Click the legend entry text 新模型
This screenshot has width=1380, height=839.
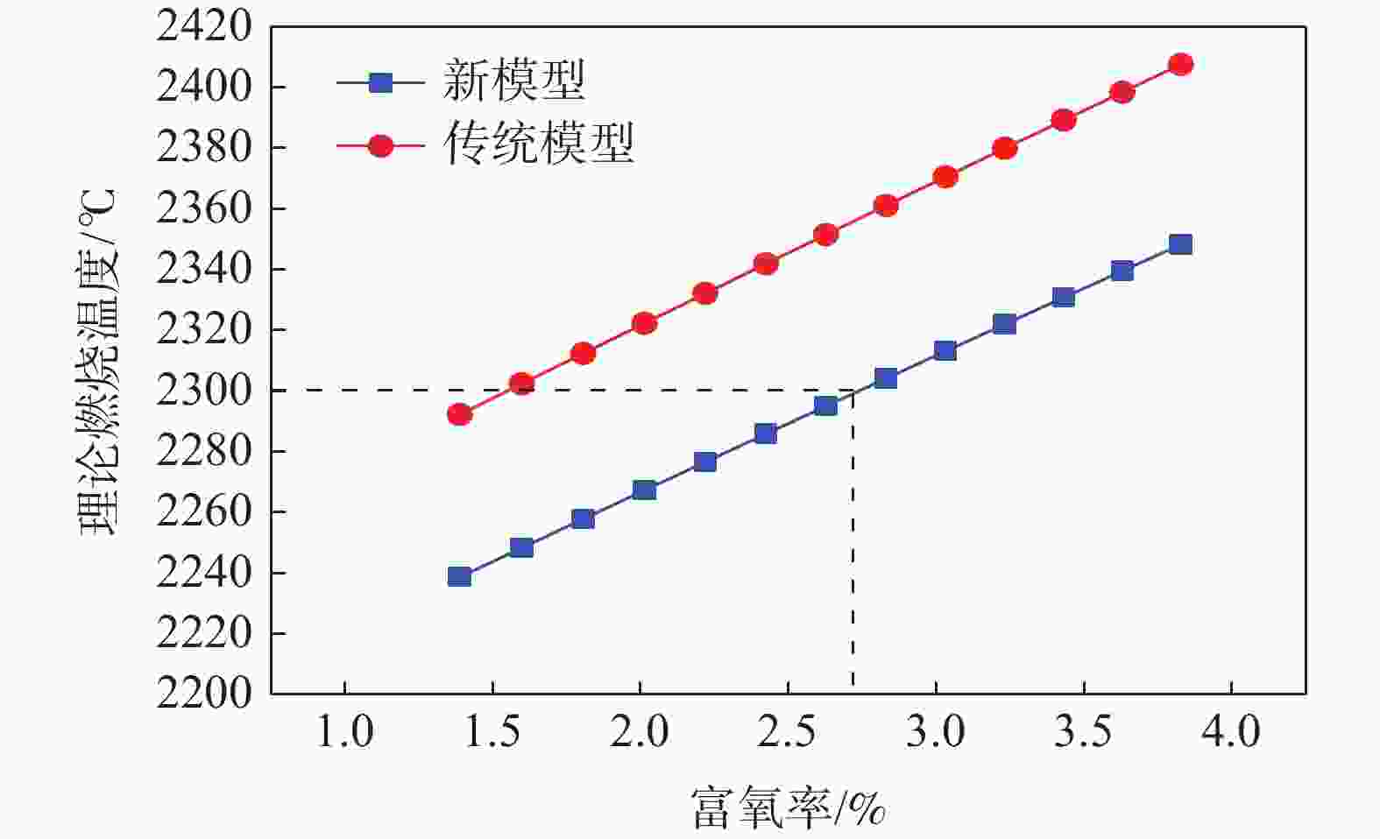point(513,81)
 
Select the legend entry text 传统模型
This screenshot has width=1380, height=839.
point(538,145)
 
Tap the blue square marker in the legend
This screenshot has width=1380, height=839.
point(380,82)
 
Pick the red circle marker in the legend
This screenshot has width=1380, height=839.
point(380,145)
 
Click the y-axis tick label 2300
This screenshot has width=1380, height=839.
point(203,391)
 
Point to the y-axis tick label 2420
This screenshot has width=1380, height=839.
point(203,27)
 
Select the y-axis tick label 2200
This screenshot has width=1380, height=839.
point(203,694)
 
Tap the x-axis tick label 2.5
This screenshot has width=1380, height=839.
point(788,732)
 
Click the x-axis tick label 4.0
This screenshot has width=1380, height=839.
point(1231,732)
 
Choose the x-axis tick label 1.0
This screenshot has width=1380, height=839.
point(345,732)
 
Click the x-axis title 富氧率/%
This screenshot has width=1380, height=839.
point(788,807)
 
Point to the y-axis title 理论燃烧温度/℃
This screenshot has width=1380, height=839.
point(98,361)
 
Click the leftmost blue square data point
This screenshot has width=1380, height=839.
point(459,576)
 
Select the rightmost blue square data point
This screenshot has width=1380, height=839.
point(1180,244)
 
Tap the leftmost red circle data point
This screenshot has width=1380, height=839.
point(459,414)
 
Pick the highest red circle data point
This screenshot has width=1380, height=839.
point(1180,65)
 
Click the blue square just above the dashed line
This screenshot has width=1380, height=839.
point(886,378)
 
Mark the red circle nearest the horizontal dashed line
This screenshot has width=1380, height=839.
point(521,384)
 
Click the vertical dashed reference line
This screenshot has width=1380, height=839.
point(853,543)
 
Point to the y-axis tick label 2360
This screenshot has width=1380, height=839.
point(203,208)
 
